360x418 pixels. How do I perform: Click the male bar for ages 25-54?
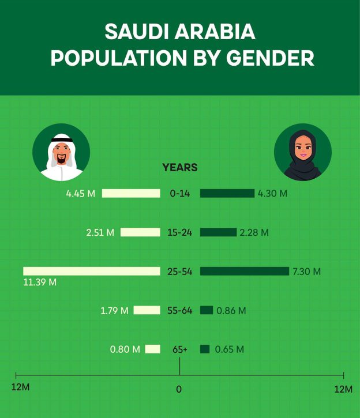92,271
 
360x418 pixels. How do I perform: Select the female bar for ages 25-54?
244,271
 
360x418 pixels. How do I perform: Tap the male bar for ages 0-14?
131,193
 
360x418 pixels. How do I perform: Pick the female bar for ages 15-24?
218,232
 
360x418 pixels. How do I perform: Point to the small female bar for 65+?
205,349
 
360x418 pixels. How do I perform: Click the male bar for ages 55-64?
147,310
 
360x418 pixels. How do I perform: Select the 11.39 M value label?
40,282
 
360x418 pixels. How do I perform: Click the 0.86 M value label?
231,311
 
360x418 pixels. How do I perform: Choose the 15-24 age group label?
180,232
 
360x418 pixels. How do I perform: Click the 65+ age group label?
180,349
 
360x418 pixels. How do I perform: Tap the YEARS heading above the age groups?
180,168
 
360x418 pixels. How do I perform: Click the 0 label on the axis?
179,389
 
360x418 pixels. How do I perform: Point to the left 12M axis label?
20,387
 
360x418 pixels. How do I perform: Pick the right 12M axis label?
343,389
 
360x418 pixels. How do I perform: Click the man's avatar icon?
61,152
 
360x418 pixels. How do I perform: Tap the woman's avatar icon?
302,152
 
